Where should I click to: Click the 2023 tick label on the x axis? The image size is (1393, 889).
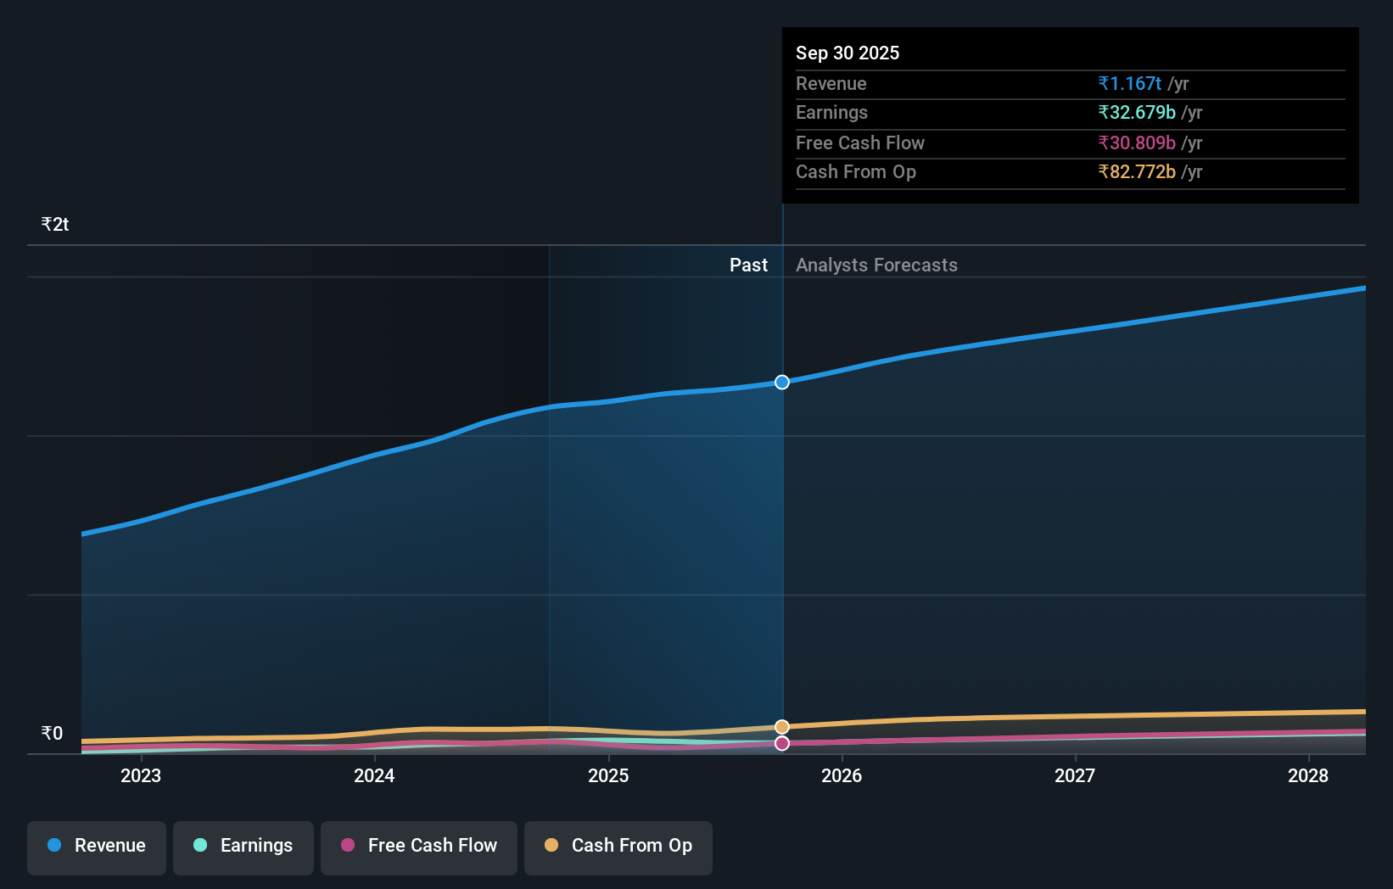tap(141, 775)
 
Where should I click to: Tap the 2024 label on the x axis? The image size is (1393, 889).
tap(374, 775)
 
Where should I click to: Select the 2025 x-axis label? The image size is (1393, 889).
tap(608, 775)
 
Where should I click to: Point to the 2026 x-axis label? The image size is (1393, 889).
tap(842, 775)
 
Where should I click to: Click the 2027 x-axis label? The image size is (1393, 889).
tap(1075, 775)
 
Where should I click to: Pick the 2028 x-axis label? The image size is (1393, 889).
tap(1308, 775)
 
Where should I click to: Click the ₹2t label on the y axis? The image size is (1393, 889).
tap(55, 224)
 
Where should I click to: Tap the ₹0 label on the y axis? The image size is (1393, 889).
tap(53, 733)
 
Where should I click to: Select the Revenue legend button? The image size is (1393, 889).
tap(97, 846)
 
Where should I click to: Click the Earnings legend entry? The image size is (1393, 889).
tap(243, 846)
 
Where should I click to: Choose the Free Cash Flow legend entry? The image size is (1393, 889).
tap(419, 846)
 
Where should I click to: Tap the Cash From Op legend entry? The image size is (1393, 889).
tap(618, 846)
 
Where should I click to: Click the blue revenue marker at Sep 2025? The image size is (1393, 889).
tap(782, 383)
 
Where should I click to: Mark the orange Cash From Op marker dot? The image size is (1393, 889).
tap(782, 727)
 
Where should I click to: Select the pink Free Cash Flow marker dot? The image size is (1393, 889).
tap(782, 743)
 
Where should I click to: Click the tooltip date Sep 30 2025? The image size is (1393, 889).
tap(848, 53)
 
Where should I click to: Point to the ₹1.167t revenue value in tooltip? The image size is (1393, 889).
tap(1129, 83)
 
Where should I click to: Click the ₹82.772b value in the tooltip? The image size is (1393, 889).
tap(1137, 171)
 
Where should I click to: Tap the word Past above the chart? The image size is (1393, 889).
tap(748, 265)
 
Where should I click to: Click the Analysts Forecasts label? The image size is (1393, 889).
tap(876, 265)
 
